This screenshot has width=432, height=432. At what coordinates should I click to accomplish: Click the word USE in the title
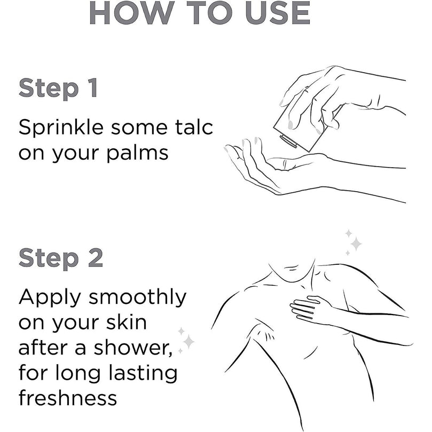pyautogui.click(x=278, y=13)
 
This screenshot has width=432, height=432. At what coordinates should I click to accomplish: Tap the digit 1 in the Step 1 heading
pyautogui.click(x=93, y=88)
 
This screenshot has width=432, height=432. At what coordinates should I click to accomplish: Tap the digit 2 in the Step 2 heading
pyautogui.click(x=96, y=258)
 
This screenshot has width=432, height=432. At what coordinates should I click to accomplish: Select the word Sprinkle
pyautogui.click(x=61, y=127)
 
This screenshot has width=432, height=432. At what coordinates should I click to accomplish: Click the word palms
pyautogui.click(x=137, y=153)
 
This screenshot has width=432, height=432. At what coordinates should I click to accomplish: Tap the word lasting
pyautogui.click(x=143, y=373)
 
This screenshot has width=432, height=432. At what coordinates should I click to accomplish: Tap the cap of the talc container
pyautogui.click(x=288, y=142)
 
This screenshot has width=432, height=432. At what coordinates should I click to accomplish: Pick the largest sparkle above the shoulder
pyautogui.click(x=356, y=244)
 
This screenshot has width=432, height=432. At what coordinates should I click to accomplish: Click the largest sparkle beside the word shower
pyautogui.click(x=188, y=342)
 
